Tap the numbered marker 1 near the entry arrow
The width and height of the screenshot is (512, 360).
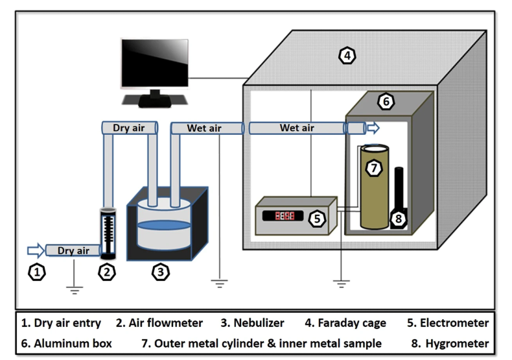[38, 273]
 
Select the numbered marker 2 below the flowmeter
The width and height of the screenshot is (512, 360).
[106, 272]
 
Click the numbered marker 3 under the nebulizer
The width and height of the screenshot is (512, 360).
[160, 272]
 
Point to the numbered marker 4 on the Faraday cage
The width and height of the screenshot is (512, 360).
[348, 56]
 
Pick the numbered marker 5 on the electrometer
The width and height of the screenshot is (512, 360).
[316, 219]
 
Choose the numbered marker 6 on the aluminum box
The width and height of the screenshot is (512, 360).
[386, 102]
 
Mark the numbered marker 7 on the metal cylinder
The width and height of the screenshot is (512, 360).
[374, 167]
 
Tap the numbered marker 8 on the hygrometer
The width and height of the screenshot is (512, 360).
[399, 219]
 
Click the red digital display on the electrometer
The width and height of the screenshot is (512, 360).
[284, 215]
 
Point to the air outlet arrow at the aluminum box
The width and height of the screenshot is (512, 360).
[373, 128]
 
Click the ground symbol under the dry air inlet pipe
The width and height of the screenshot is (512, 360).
[75, 289]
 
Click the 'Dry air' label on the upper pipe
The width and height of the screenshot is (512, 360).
[129, 128]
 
